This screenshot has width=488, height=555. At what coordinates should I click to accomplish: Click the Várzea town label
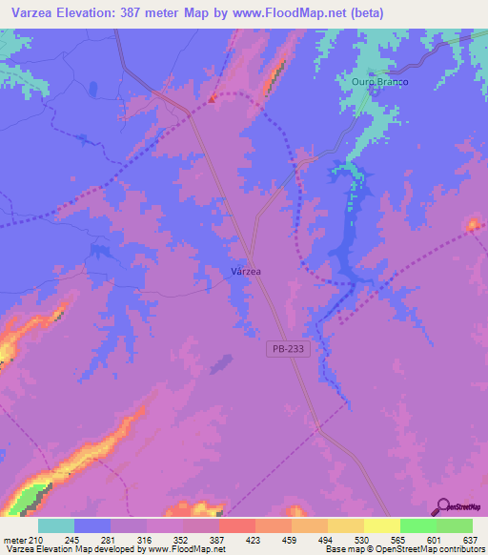coord(246,271)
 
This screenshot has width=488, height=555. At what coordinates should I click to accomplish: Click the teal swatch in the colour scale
coord(56,525)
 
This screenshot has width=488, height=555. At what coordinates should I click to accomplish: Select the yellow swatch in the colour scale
coord(382,525)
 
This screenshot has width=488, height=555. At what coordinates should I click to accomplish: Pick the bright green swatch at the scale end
coord(455,525)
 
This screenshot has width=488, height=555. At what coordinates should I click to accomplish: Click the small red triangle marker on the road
coord(213,96)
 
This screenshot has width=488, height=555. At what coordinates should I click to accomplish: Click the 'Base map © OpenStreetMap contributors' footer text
coord(402,549)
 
